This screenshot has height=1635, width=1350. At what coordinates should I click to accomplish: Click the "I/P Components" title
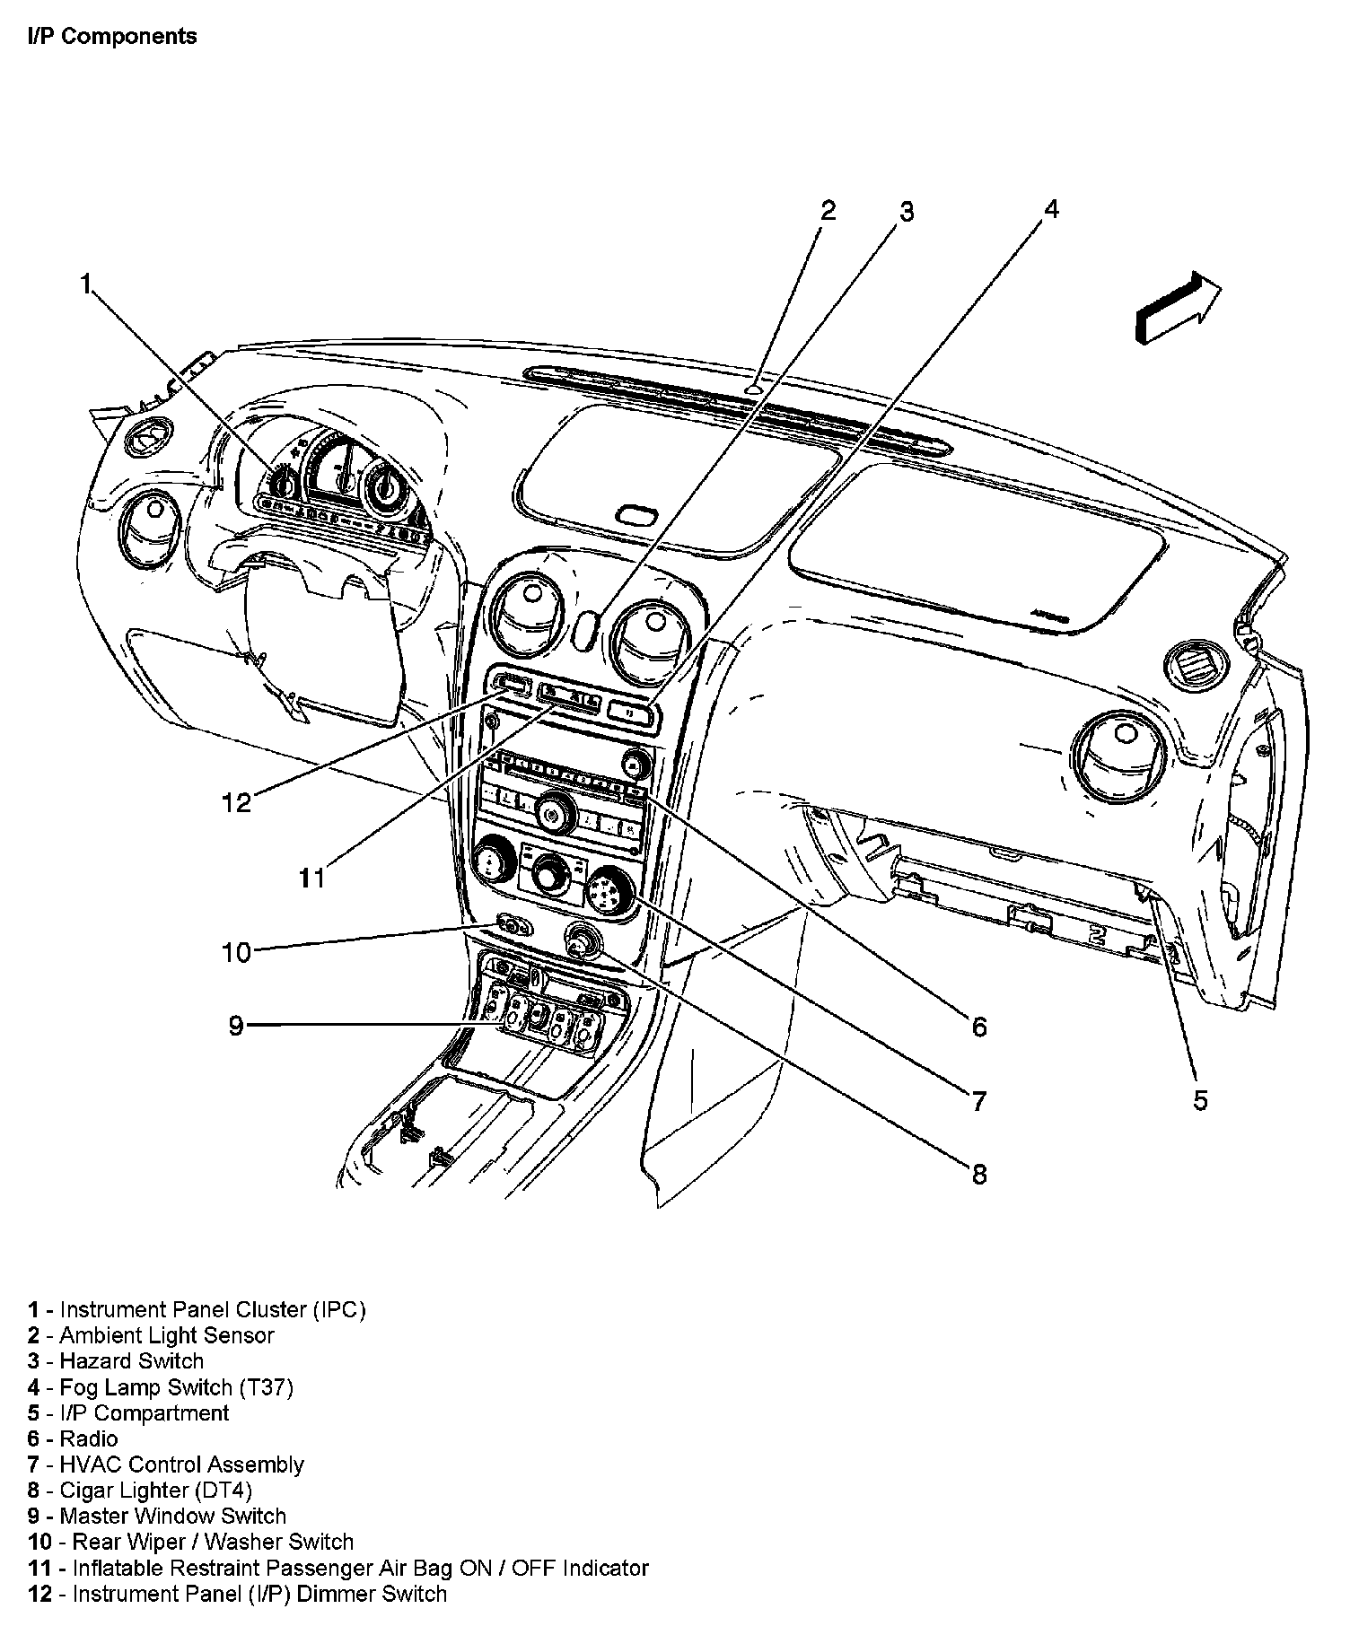click(112, 37)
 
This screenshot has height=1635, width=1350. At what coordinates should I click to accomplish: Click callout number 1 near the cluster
click(86, 285)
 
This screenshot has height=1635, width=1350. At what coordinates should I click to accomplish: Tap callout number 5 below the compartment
click(1200, 1099)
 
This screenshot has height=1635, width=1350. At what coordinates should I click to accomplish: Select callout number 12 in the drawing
click(237, 802)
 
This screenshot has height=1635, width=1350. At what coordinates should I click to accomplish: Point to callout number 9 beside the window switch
click(235, 1025)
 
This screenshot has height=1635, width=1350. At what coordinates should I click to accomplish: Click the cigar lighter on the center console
click(579, 940)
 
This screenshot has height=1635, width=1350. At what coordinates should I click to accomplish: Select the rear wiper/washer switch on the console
click(512, 925)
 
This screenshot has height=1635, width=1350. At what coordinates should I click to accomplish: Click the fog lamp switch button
click(632, 712)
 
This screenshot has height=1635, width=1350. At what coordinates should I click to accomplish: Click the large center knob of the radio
click(555, 814)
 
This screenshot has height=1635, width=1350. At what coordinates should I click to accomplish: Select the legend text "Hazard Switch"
click(131, 1361)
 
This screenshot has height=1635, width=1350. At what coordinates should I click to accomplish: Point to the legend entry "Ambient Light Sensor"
click(166, 1335)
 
